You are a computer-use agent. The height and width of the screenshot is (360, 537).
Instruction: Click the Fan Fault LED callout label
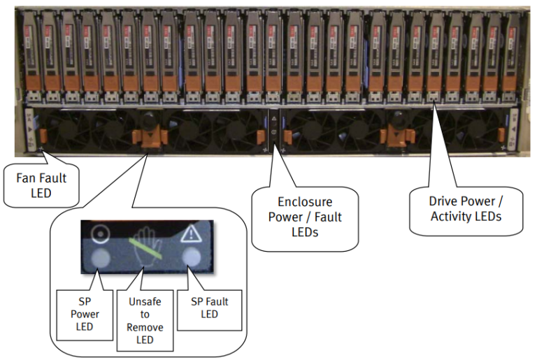click(40, 184)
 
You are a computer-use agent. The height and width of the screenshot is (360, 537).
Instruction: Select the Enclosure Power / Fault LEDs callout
click(305, 217)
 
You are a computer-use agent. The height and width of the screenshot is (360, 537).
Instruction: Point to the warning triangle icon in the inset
click(193, 233)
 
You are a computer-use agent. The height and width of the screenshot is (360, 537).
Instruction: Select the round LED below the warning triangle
click(194, 258)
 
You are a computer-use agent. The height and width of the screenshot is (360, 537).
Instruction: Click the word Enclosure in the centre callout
click(305, 203)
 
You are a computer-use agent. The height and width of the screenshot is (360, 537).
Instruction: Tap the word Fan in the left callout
click(27, 178)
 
